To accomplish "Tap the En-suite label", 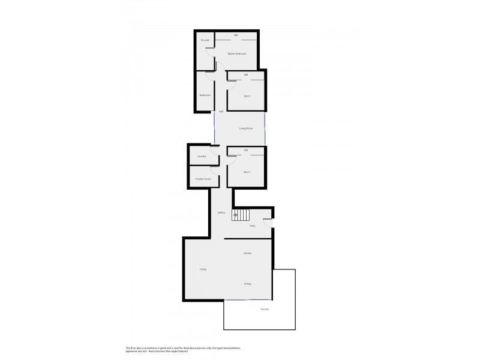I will pos(205,40).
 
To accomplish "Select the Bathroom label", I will pos(205,95).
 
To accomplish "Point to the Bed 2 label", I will pos(247,96).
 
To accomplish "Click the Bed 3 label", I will pos(247,172).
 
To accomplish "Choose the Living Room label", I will pos(245,128).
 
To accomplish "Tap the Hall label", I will pos(221,112).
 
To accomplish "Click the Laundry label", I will pos(202,157).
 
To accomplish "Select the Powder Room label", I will pos(203,179).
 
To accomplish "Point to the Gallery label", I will pos(221,213).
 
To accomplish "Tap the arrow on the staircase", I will pos(236,214).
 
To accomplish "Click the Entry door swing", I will pos(268,223).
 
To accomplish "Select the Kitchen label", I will pos(247,253).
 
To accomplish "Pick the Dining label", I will pos(247,284).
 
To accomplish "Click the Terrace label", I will pos(264,310).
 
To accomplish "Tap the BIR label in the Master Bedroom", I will pos(236,35).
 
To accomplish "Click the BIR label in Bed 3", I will pos(246,150).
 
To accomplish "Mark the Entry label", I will pos(252,226).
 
